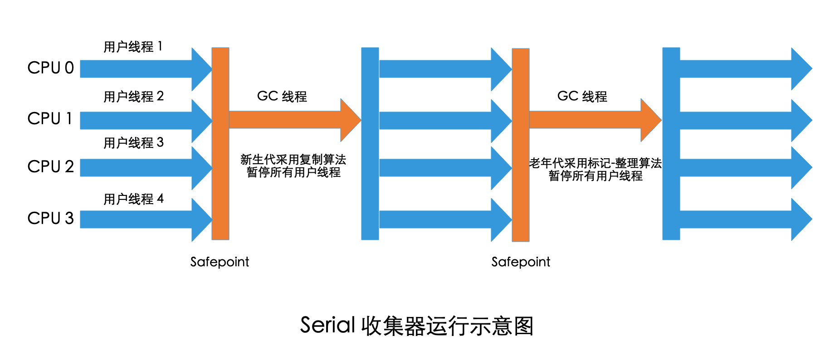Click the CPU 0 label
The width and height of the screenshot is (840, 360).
click(50, 68)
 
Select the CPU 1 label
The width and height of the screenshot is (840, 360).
click(50, 119)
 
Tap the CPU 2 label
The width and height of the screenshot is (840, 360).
click(50, 167)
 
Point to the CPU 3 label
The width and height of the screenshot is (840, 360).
click(50, 219)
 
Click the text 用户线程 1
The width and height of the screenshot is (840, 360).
click(132, 47)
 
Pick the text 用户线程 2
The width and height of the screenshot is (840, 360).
click(133, 97)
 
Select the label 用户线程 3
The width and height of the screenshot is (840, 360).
click(133, 143)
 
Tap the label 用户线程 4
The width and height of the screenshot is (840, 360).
click(133, 199)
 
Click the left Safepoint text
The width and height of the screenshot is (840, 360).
click(220, 262)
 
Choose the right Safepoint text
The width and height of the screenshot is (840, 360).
click(521, 262)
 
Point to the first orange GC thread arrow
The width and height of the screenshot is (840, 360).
click(290, 120)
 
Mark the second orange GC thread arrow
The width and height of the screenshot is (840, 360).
click(590, 120)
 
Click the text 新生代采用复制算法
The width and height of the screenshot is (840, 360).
click(293, 160)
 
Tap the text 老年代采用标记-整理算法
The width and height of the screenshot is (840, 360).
click(595, 163)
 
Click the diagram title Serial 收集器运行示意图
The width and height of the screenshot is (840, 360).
click(416, 326)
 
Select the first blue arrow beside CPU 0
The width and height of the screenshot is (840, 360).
click(141, 69)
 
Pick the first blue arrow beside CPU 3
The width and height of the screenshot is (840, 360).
click(141, 219)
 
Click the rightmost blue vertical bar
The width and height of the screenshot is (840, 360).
click(671, 143)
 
